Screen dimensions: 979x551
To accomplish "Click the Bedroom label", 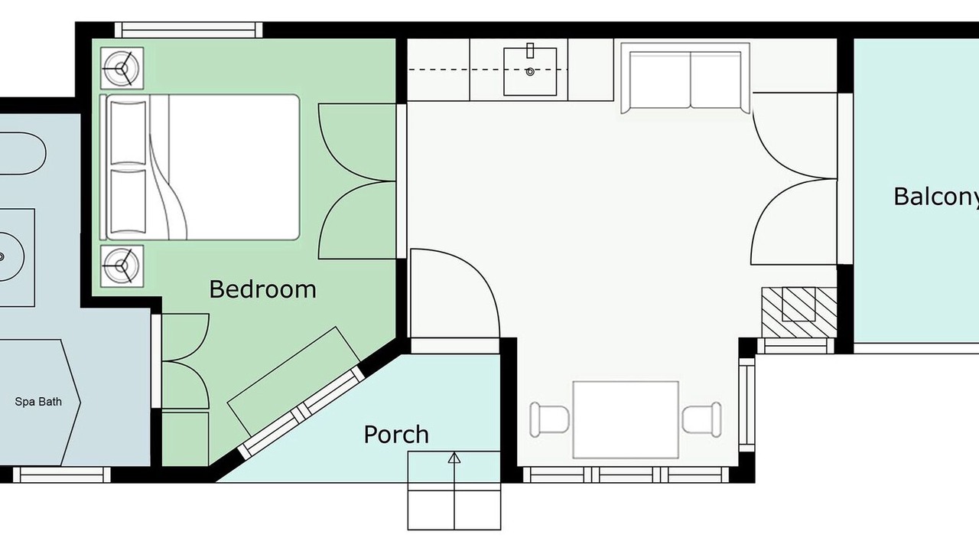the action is (262, 289).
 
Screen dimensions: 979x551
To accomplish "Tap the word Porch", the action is (396, 434).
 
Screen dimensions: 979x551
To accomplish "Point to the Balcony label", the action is (936, 197).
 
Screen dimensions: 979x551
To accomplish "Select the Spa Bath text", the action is (38, 402).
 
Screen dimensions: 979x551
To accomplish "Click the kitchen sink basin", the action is (530, 72).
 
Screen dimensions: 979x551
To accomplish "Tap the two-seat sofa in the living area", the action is (685, 79).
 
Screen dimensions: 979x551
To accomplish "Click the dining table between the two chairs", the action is (626, 420).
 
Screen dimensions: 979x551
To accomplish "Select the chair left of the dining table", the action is (549, 420).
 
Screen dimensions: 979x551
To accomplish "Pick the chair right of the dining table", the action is (702, 420).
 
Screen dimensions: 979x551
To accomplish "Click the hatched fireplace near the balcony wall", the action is (799, 312).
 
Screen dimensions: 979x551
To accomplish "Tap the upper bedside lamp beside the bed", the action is (122, 68).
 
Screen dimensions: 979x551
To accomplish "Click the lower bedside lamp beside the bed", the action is (122, 266).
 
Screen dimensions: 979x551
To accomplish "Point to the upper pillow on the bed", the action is (128, 132).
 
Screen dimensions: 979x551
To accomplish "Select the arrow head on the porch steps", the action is (454, 458).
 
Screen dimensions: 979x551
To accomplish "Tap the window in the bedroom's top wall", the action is (189, 30).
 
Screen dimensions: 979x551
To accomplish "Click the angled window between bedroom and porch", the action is (301, 412).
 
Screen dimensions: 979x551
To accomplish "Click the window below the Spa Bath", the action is (61, 475).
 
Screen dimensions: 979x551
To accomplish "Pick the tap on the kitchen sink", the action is (530, 51).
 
